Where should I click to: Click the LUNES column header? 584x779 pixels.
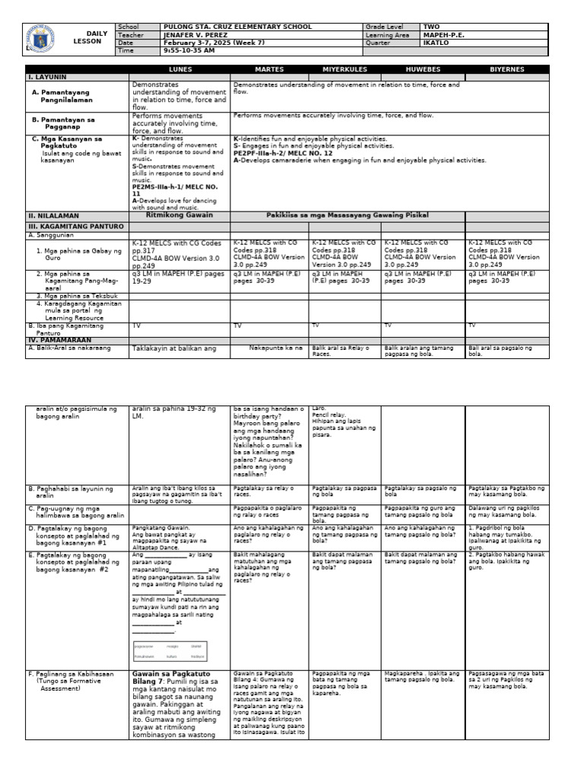(180, 69)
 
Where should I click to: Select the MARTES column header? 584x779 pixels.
(269, 69)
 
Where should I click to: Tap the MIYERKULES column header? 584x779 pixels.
(344, 69)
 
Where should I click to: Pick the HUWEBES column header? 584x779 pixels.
(422, 69)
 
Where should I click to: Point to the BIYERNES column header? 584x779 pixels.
(506, 69)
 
